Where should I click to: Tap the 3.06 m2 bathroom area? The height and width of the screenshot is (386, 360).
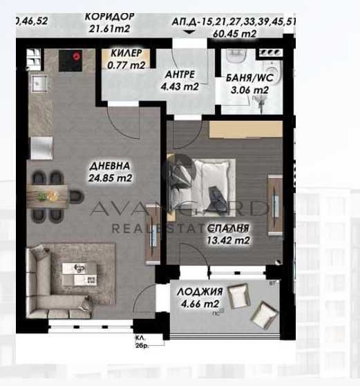point(249,90)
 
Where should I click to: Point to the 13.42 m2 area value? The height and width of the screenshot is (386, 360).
point(229,239)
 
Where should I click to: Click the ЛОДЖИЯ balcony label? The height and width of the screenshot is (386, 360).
point(199,291)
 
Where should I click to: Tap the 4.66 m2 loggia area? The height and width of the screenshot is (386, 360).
point(198,304)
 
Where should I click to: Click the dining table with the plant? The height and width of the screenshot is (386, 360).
point(49,195)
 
